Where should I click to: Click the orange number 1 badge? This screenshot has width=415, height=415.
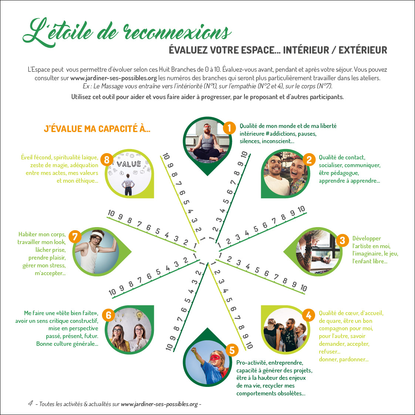[229, 128]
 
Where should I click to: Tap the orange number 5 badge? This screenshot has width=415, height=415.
[232, 350]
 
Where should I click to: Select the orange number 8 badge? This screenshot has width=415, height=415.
[107, 160]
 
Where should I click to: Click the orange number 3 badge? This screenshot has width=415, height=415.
[342, 240]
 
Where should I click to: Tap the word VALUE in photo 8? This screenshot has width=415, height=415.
[129, 164]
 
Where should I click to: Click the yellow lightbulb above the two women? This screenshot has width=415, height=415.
[139, 316]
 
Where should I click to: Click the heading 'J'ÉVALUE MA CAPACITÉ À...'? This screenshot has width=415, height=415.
[97, 129]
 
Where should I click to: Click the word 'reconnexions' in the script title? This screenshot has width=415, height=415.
[178, 33]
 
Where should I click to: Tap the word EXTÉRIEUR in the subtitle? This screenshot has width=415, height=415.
[362, 50]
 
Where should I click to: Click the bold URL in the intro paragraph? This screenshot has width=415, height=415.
[114, 78]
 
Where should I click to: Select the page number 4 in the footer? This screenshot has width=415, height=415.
[31, 403]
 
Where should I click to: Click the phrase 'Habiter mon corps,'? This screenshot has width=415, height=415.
[42, 234]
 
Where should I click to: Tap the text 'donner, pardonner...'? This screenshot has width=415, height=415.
[344, 359]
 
